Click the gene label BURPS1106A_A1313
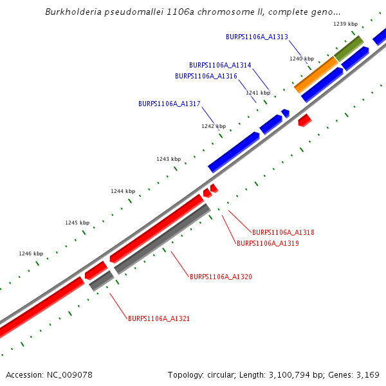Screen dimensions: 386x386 257,37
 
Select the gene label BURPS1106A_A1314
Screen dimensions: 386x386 220,65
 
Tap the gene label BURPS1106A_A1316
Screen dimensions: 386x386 206,76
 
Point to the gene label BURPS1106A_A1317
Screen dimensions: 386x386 169,104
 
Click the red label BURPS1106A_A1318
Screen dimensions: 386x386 283,232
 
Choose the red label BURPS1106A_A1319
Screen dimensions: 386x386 268,243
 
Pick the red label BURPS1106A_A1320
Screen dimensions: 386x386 221,277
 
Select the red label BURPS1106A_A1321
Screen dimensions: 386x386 158,318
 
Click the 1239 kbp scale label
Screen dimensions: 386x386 345,24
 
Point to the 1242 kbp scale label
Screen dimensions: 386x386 214,126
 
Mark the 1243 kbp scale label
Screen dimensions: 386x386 169,159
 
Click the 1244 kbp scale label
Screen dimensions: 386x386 123,191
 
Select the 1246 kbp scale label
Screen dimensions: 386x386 31,253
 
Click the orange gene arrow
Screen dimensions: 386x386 316,74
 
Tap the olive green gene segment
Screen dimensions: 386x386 348,48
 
